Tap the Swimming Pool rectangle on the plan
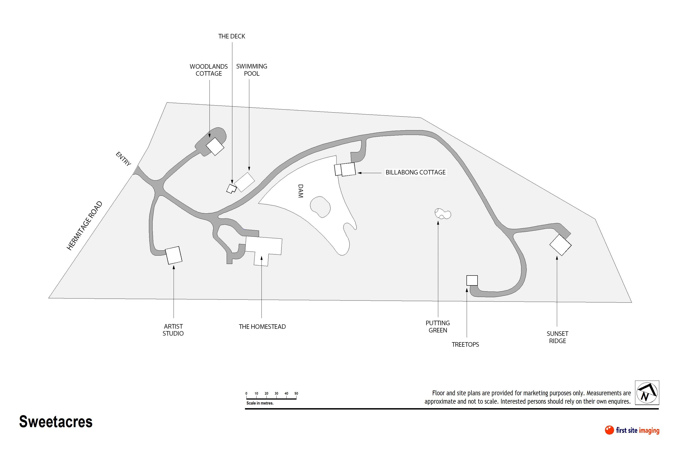245,182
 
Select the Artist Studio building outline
174,255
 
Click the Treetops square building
472,280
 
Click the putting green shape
443,214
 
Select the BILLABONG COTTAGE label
415,172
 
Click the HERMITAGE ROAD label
85,226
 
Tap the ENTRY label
123,159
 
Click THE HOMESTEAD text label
262,327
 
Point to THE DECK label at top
231,36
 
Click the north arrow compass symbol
647,393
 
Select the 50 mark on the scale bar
296,393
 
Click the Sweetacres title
56,421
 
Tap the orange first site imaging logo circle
609,430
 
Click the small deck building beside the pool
231,188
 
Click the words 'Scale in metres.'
260,403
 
